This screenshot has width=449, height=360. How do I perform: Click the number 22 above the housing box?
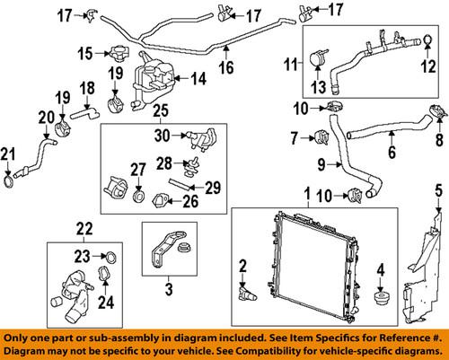84,229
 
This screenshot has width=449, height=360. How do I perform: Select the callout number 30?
162,136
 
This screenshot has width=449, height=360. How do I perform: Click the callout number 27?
137,168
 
